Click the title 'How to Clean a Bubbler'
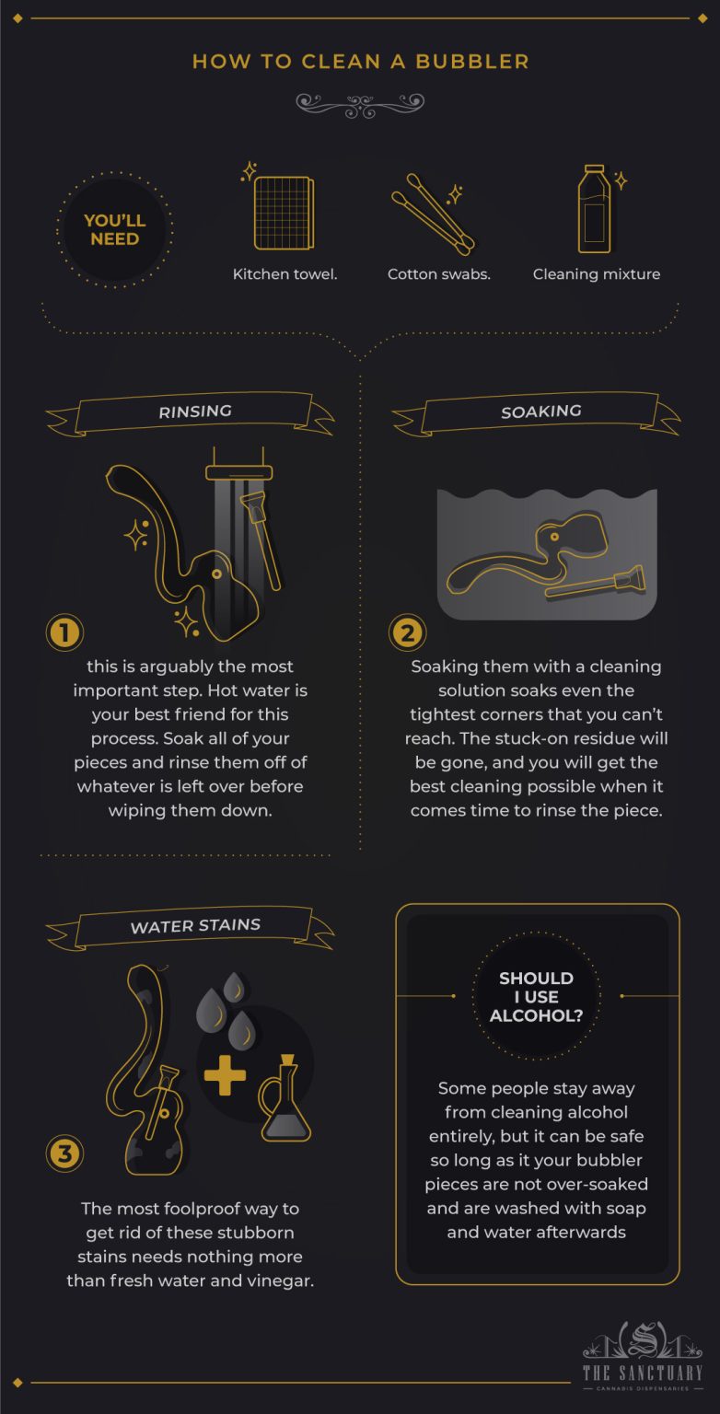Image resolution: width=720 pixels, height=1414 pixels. (x=360, y=62)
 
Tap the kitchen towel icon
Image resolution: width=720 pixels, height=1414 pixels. (x=284, y=213)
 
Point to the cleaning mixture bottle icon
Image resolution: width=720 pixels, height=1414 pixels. (x=593, y=209)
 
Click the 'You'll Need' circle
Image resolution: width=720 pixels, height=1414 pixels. (x=114, y=229)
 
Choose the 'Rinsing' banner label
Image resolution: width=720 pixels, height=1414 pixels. (x=194, y=412)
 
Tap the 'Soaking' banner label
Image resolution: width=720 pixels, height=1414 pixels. (x=540, y=411)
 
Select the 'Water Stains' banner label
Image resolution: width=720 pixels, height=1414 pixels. (x=195, y=925)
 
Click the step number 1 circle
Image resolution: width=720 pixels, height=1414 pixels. (x=64, y=632)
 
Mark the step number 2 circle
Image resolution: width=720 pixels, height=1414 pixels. (x=408, y=632)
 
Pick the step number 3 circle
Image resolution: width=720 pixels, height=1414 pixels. (x=64, y=1153)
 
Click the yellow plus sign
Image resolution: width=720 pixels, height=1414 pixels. (x=225, y=1074)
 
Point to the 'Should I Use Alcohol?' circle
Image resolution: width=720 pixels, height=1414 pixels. (x=536, y=996)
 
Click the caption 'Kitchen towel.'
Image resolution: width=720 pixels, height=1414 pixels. (x=285, y=274)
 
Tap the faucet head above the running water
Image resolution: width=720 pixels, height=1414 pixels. (x=233, y=471)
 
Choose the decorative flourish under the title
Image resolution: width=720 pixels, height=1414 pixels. (x=360, y=102)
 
